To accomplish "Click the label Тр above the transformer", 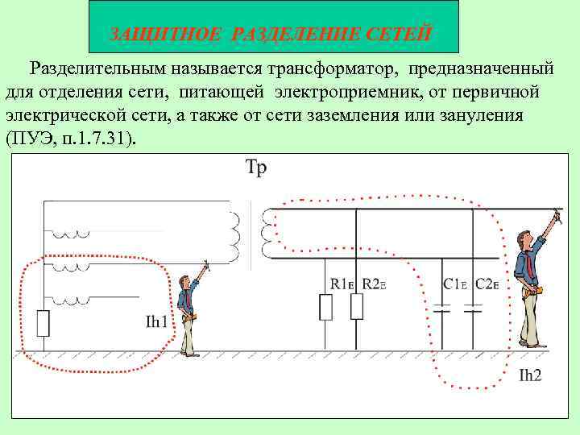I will (x=255, y=169).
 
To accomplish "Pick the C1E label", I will (x=455, y=284).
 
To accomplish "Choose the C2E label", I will (x=487, y=284).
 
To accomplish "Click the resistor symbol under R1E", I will (x=325, y=306).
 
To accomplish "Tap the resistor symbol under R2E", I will (x=357, y=306).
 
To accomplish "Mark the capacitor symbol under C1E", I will (x=441, y=306).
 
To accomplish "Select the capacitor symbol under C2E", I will (x=474, y=306).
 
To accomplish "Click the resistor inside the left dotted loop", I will (x=43, y=323).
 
